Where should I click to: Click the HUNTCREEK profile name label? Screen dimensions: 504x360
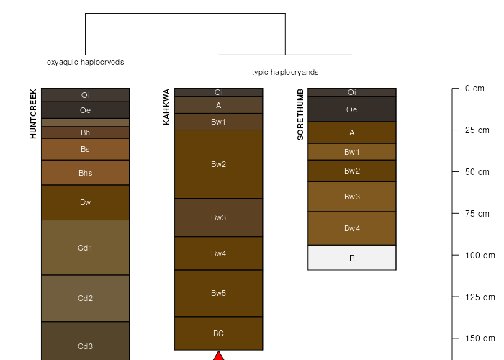click(33, 114)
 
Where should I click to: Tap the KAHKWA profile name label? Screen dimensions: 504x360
click(166, 107)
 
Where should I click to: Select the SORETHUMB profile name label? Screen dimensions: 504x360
click(300, 114)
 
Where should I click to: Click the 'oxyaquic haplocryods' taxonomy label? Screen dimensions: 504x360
click(86, 62)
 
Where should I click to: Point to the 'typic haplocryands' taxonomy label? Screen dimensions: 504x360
click(285, 72)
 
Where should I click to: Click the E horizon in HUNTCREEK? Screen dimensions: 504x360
click(85, 122)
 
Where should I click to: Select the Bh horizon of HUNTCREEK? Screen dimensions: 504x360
click(85, 132)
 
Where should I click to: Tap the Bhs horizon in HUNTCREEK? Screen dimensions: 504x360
click(85, 173)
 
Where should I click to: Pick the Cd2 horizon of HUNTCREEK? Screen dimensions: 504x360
click(85, 298)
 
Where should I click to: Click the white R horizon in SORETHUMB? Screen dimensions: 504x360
click(352, 258)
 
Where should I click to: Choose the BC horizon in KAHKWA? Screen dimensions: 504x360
click(219, 333)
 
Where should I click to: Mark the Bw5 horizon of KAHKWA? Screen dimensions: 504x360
click(219, 293)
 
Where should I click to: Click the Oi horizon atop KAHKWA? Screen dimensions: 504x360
click(219, 92)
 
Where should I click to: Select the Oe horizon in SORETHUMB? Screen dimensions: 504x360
click(352, 109)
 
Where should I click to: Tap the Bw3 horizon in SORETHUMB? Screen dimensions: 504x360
click(352, 197)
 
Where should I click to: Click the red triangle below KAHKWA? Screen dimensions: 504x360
click(219, 356)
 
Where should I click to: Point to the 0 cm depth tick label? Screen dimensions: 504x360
click(474, 89)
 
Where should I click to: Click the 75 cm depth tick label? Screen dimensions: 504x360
click(477, 213)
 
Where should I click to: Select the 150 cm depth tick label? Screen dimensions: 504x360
click(480, 338)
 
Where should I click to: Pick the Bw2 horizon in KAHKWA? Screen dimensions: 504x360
click(219, 164)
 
